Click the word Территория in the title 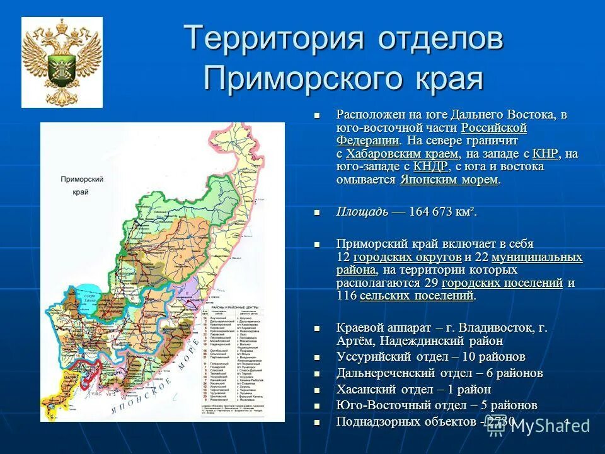point(274,39)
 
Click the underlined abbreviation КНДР point(430,167)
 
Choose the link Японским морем point(449,180)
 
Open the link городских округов point(407,257)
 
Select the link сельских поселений point(417,296)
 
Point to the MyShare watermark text point(550,426)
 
